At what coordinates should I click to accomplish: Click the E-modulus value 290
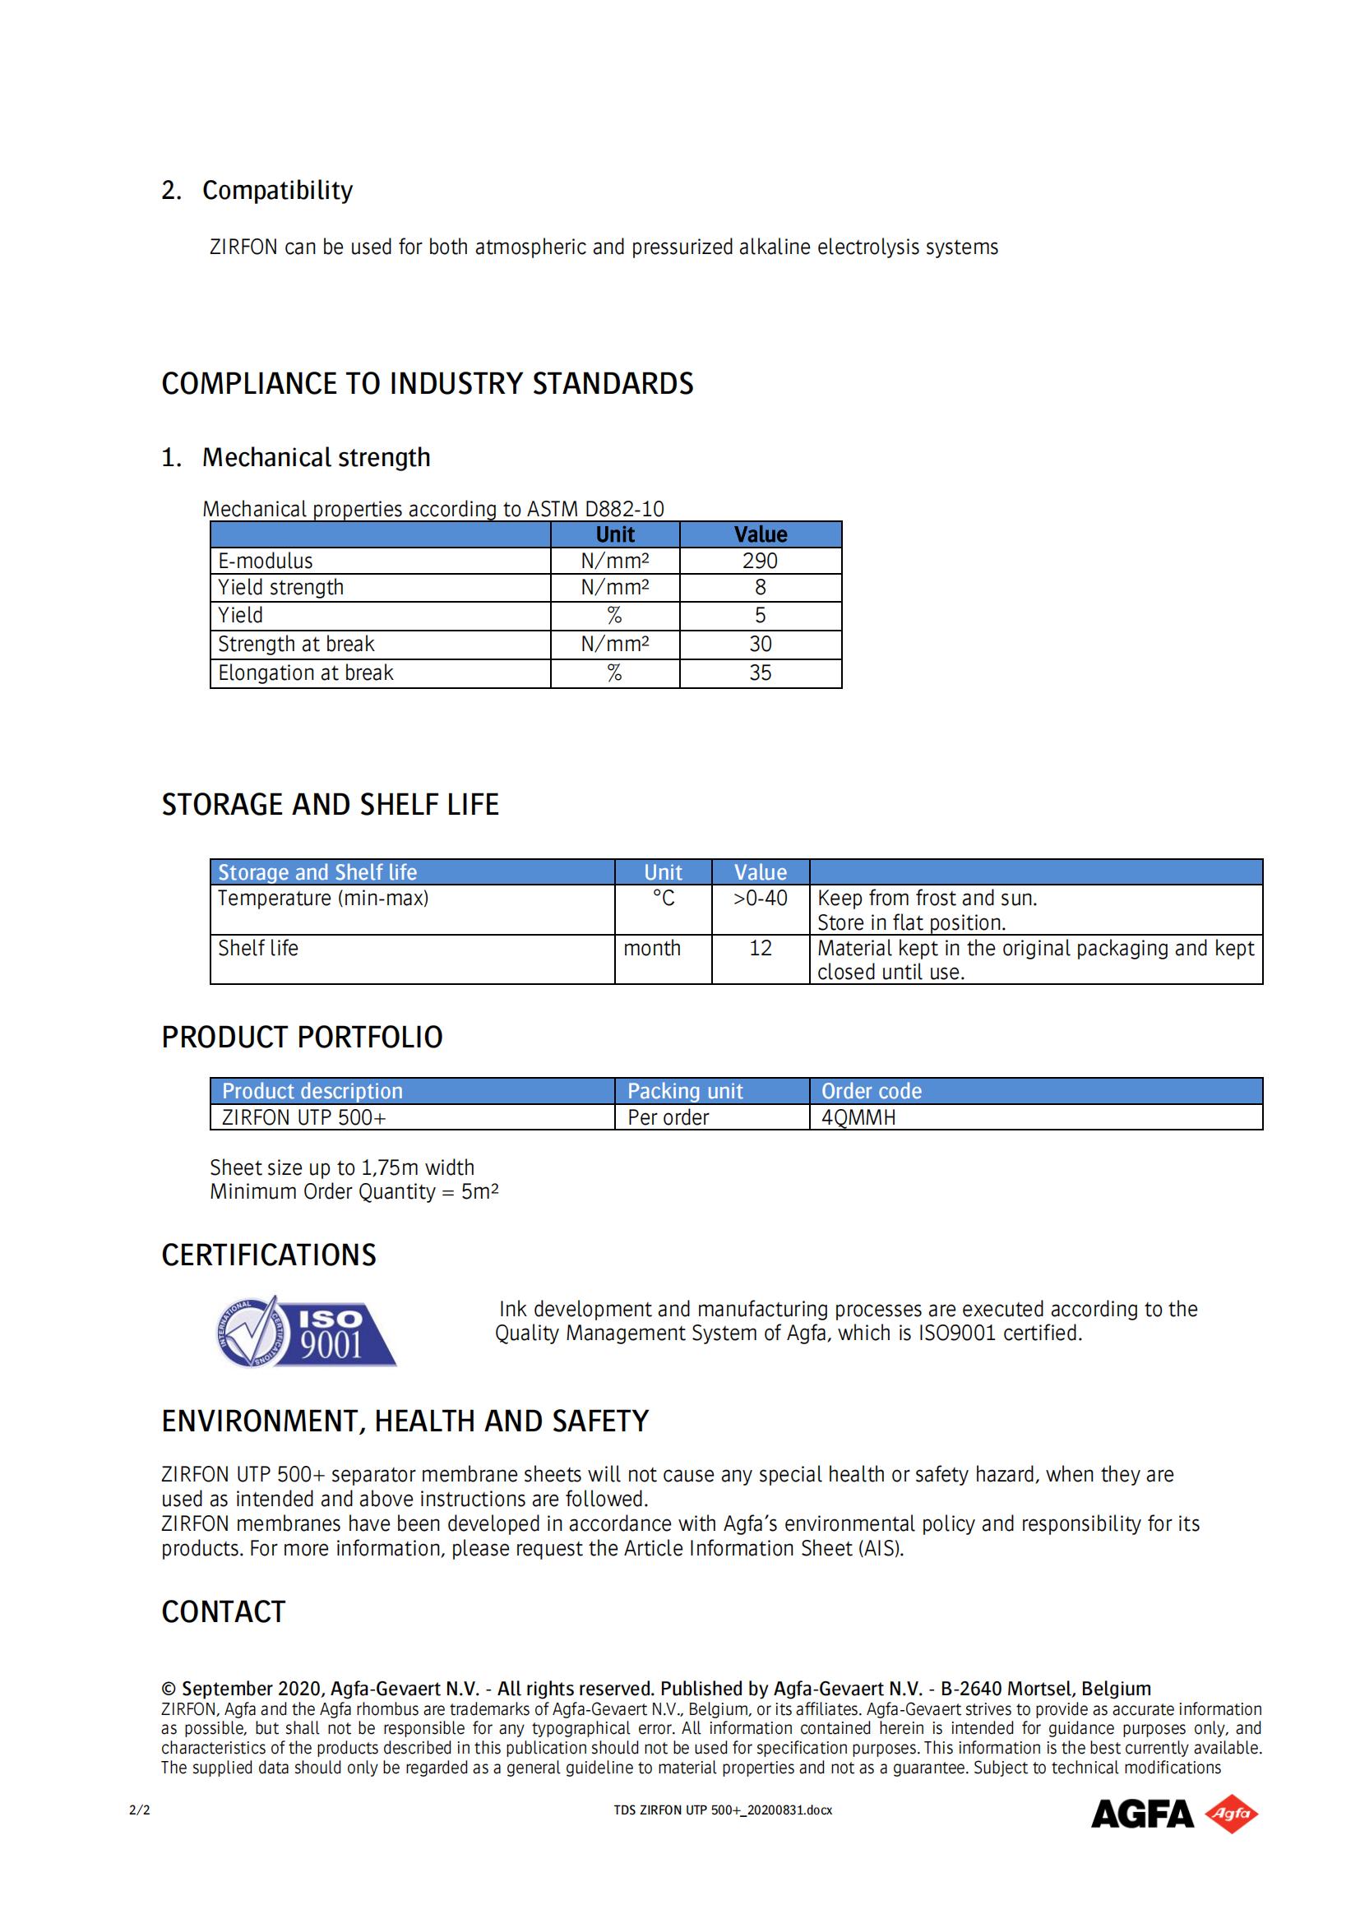pos(760,562)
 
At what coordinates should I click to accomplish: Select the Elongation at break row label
pos(306,673)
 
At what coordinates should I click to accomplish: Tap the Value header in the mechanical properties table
pos(761,534)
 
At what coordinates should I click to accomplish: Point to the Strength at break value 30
pos(760,644)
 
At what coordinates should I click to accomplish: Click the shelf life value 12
pos(760,948)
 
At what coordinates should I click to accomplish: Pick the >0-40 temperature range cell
pos(760,899)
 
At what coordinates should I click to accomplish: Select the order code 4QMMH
pos(858,1118)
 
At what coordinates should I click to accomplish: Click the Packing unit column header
pos(685,1091)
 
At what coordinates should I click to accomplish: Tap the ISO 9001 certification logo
pos(306,1333)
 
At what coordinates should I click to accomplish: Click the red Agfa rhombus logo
pos(1231,1814)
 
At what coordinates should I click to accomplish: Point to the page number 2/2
pos(140,1810)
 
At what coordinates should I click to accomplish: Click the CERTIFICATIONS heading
pos(269,1255)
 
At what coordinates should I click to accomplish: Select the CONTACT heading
pos(224,1612)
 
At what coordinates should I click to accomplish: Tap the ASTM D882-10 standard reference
pos(594,509)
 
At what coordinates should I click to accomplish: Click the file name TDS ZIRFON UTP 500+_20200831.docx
pos(723,1810)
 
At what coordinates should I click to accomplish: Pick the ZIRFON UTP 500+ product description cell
pos(304,1118)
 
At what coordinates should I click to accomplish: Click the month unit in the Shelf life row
pos(651,948)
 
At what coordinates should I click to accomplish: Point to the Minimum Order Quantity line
pos(354,1192)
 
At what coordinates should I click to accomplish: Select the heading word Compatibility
pos(277,190)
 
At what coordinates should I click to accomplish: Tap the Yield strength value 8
pos(760,588)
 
